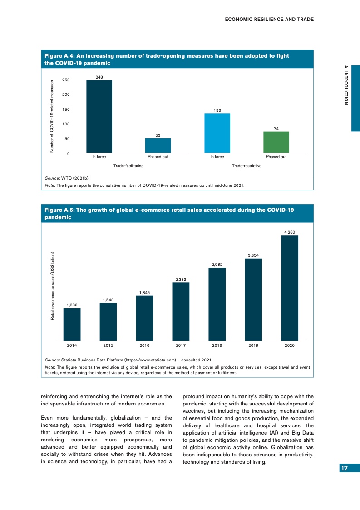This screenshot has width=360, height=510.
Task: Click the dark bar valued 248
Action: click(99, 116)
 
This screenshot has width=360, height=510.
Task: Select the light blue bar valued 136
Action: click(217, 133)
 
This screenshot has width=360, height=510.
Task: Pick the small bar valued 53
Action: click(158, 145)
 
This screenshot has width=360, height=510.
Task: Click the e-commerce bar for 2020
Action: click(290, 288)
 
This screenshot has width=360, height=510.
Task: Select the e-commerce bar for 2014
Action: click(72, 324)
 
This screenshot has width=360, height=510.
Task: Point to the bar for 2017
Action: click(181, 311)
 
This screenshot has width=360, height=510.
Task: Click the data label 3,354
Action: click(253, 255)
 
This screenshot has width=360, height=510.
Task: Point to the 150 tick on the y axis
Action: click(66, 110)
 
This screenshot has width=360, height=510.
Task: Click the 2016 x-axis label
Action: click(144, 346)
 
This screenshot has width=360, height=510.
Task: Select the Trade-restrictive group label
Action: click(247, 166)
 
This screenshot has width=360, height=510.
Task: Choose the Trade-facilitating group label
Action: click(128, 166)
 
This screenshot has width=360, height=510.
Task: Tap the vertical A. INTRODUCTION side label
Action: click(346, 85)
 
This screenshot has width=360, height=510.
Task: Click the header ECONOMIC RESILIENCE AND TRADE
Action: click(269, 19)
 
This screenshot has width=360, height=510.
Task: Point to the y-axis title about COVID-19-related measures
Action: click(52, 116)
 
